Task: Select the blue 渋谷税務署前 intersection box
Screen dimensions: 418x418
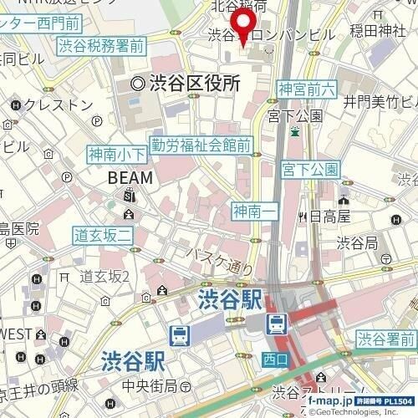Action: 102,46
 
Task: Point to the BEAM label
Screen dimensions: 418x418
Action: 130,178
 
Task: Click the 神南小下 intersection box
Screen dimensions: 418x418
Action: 117,154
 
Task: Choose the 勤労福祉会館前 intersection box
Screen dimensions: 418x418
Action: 201,145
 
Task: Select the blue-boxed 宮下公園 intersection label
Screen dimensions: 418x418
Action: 311,170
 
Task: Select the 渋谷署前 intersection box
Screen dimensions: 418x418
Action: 386,339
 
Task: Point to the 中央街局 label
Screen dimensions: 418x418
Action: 150,385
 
